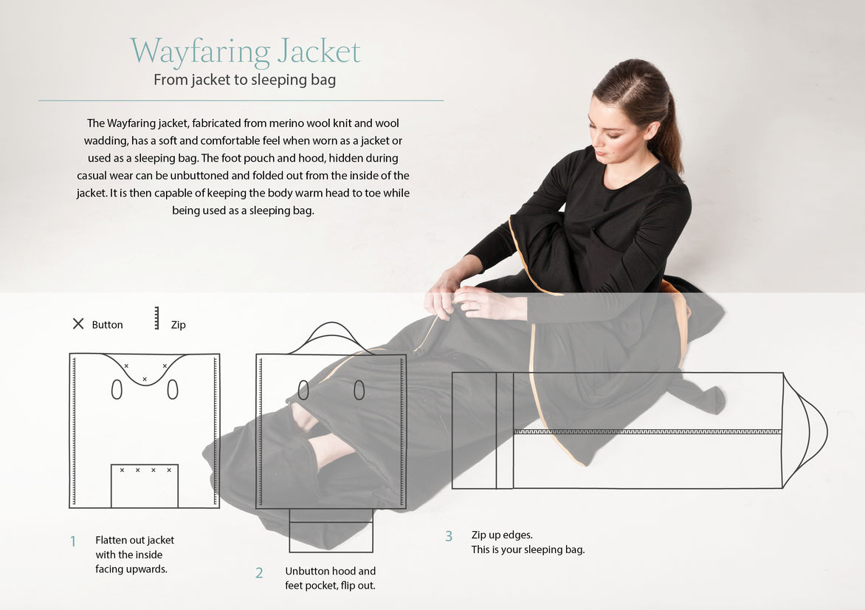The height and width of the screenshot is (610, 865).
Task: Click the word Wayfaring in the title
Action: tap(200, 52)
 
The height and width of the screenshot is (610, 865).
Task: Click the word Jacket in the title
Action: tap(319, 51)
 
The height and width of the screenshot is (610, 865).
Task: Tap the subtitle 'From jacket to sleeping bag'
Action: tap(244, 80)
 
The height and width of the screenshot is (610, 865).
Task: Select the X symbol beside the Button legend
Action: tap(78, 323)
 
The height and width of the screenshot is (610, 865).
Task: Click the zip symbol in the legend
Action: tap(156, 318)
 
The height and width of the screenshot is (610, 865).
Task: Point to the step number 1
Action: tap(73, 541)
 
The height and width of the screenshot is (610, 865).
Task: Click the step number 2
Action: tap(259, 573)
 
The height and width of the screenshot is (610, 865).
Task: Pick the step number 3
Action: tap(449, 536)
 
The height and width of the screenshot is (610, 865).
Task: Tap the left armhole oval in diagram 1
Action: tap(117, 389)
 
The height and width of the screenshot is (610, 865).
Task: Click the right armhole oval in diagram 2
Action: tap(359, 390)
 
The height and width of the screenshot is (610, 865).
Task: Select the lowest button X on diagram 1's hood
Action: tap(145, 380)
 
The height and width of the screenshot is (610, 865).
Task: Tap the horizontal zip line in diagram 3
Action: tap(648, 431)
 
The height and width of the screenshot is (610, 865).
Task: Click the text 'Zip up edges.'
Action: tap(502, 535)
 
